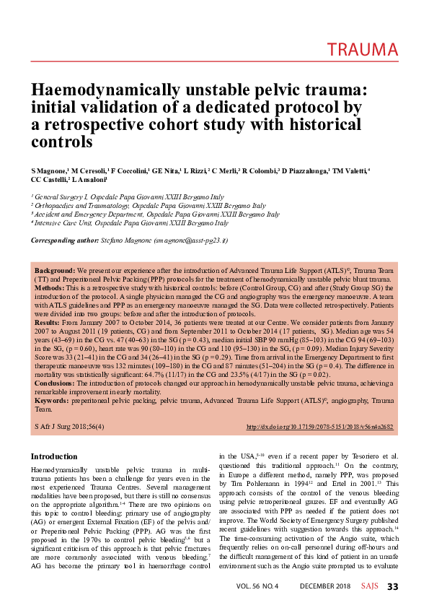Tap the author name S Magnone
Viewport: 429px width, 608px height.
click(x=51, y=170)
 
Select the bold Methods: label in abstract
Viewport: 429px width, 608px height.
click(x=52, y=286)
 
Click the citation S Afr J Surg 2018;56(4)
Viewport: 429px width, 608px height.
click(x=70, y=427)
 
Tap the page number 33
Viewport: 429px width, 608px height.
click(x=393, y=586)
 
